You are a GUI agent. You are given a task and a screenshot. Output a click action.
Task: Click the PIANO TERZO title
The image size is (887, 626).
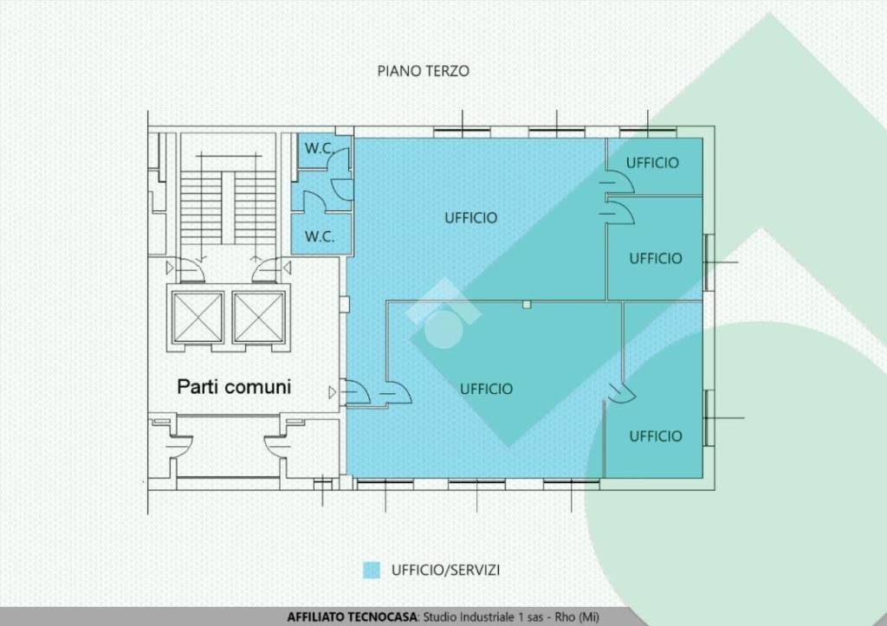(423, 71)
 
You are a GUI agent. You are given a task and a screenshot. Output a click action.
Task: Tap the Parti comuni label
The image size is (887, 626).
(234, 387)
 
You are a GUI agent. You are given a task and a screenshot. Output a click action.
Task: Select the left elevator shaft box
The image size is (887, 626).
(198, 317)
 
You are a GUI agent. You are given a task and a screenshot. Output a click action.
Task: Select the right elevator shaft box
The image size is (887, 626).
(258, 317)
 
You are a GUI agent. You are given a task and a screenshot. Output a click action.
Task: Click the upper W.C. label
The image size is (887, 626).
(319, 149)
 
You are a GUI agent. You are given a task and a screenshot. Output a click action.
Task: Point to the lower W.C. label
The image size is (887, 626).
(319, 236)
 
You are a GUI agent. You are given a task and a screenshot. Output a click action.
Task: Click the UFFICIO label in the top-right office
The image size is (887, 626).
(652, 163)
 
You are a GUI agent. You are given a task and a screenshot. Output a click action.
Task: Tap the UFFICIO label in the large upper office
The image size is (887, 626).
(470, 217)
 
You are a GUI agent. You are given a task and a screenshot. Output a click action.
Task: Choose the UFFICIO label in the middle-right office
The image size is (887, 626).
(656, 258)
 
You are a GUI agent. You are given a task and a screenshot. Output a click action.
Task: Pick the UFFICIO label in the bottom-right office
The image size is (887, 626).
(656, 436)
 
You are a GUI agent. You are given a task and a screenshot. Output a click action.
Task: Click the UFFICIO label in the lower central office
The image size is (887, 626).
(486, 389)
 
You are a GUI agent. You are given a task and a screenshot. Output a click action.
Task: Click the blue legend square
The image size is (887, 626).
(371, 570)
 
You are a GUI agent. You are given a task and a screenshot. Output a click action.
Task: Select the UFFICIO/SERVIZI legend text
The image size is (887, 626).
(446, 570)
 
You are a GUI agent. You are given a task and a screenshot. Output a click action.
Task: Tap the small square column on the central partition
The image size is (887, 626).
(527, 305)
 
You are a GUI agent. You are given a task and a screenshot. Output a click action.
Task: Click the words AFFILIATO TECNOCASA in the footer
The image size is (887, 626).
(352, 617)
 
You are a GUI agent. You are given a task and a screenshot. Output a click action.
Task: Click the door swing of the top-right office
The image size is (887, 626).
(618, 182)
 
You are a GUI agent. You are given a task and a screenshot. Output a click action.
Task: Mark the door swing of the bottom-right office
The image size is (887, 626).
(621, 393)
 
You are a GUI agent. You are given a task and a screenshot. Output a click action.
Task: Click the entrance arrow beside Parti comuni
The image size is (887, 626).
(332, 392)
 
